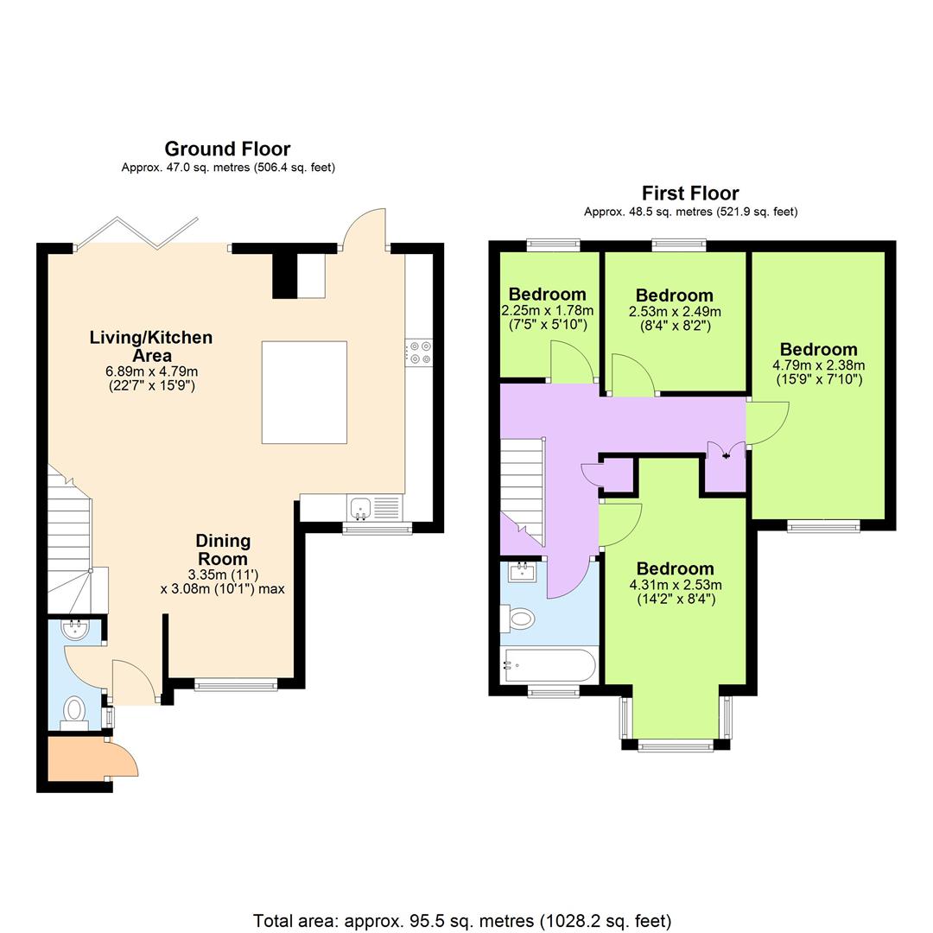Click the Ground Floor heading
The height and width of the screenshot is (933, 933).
(227, 149)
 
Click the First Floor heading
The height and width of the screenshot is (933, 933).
(689, 193)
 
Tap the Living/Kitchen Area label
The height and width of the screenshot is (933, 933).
(150, 346)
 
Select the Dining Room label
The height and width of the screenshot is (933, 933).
(222, 550)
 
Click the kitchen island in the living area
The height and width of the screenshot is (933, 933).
(304, 392)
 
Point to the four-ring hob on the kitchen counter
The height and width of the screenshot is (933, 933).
(421, 353)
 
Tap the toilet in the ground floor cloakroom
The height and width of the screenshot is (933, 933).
(75, 710)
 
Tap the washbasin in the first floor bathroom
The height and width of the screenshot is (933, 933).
(521, 572)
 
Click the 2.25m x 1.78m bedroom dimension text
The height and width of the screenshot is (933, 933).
(547, 311)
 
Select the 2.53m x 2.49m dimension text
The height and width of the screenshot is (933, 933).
(674, 312)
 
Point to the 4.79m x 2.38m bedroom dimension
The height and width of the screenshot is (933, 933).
(818, 365)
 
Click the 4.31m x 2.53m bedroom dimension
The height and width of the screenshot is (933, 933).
(675, 585)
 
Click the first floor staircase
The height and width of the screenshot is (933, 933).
(522, 488)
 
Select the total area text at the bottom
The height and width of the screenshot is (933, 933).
(462, 921)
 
